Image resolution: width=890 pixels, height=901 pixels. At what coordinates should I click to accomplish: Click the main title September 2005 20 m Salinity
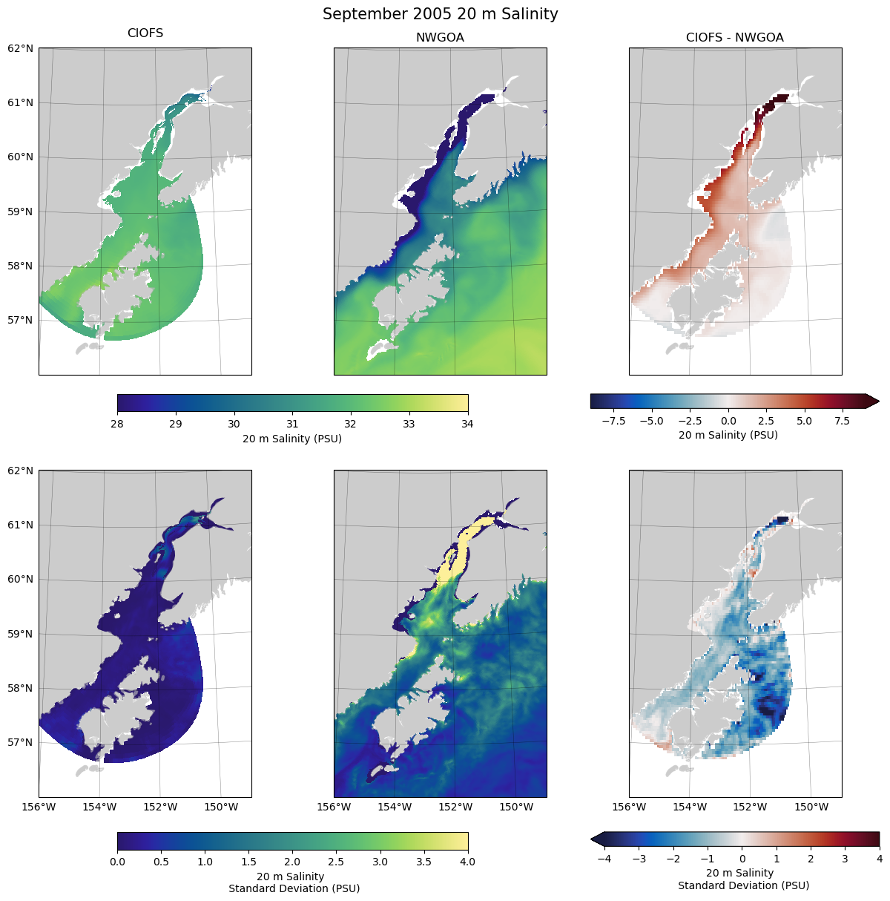440,14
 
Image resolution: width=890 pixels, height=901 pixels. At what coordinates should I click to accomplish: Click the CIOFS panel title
145,33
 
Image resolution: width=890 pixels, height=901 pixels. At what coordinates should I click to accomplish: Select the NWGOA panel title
440,37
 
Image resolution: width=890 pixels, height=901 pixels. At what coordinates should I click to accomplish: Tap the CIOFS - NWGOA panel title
734,37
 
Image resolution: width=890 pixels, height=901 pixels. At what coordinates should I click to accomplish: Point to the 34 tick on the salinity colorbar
468,424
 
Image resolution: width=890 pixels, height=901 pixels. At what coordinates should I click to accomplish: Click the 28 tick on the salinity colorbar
117,424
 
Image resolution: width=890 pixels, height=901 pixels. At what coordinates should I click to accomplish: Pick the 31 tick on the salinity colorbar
292,424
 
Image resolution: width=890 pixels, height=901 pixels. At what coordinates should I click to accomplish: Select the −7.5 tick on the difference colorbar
613,421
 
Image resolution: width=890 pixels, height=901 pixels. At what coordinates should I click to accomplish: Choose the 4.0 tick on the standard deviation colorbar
468,862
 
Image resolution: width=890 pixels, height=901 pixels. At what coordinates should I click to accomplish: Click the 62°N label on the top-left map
21,48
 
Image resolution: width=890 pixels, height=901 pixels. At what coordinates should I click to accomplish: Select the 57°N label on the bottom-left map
21,742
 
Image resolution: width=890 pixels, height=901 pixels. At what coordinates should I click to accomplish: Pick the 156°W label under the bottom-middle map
334,807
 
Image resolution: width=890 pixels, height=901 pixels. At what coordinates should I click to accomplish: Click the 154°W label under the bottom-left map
99,807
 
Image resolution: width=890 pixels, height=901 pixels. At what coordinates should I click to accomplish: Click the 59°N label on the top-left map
21,212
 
